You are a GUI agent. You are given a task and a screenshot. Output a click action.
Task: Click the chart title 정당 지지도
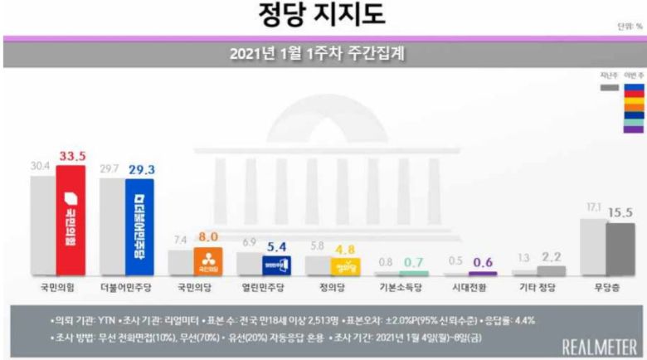click(x=323, y=16)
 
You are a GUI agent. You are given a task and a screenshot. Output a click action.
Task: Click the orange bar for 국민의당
click(x=207, y=261)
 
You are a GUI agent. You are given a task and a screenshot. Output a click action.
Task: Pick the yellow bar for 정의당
click(x=345, y=266)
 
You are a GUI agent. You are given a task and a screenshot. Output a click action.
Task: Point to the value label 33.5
click(x=73, y=155)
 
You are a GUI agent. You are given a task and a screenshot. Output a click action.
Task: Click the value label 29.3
click(x=142, y=169)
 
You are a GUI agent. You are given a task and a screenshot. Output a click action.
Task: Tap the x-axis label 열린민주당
click(x=265, y=291)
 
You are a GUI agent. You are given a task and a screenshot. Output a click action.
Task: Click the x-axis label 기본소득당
click(x=402, y=291)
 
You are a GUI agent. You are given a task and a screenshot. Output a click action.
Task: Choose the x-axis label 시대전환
click(x=471, y=291)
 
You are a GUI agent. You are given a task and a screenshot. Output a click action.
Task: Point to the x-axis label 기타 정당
click(x=540, y=291)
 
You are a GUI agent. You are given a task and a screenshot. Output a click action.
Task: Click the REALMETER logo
click(x=599, y=346)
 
